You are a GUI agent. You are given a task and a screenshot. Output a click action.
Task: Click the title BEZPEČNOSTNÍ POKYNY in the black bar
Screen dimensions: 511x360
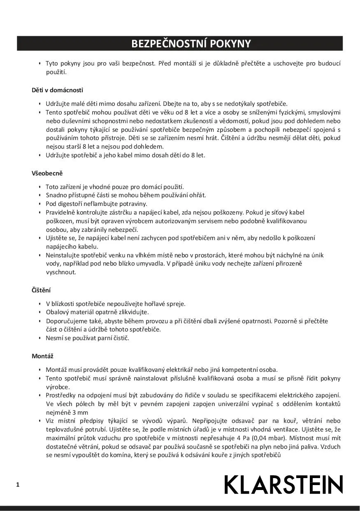click(191, 44)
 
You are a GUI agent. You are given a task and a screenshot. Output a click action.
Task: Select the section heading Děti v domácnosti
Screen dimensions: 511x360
click(57, 90)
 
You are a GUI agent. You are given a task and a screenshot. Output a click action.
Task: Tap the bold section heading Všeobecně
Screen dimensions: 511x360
click(47, 173)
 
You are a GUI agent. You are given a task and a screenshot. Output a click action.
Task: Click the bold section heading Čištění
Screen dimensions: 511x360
click(41, 290)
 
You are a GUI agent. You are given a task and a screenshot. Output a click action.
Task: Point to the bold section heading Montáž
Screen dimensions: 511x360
click(42, 356)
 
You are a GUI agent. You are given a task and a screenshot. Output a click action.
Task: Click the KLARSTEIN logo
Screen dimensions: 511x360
click(283, 484)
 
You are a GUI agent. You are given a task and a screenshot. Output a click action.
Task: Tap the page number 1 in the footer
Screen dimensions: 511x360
click(18, 485)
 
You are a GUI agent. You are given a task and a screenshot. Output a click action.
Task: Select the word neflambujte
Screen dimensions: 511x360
click(103, 204)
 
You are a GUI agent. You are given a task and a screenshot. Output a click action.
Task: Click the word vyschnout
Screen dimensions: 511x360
click(61, 273)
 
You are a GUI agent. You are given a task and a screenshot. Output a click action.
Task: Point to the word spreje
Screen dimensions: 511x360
click(176, 304)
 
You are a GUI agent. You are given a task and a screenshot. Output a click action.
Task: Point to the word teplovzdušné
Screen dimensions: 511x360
click(64, 429)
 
